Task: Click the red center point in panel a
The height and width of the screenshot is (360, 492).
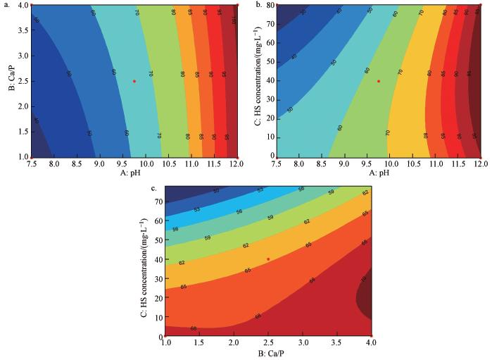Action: (x=134, y=81)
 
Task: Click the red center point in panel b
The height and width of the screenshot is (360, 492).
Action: (x=379, y=81)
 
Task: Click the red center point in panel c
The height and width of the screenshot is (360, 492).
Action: (x=268, y=259)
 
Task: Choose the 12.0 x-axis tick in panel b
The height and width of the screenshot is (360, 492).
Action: (x=481, y=163)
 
